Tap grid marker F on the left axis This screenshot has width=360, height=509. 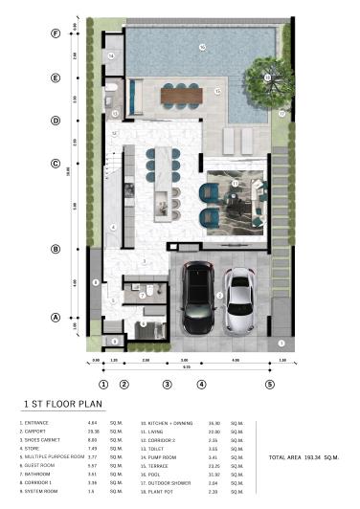(x=56, y=33)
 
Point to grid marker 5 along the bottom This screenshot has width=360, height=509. (x=269, y=384)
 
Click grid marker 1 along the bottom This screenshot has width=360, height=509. (x=102, y=384)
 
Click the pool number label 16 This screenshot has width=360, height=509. (x=202, y=47)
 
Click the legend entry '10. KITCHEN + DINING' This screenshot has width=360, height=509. (x=168, y=422)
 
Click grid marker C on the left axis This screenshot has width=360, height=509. (x=56, y=163)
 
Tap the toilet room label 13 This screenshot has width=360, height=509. (x=115, y=113)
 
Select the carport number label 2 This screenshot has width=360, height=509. (x=219, y=298)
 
